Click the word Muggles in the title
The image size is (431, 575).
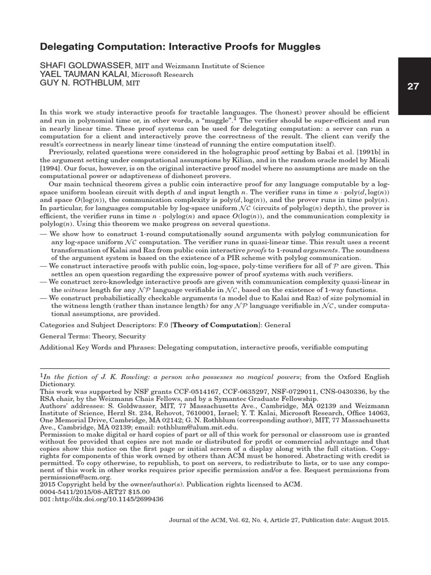[x=299, y=47]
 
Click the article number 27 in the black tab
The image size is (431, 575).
[x=413, y=87]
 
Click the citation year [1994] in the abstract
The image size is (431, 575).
[x=52, y=167]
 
